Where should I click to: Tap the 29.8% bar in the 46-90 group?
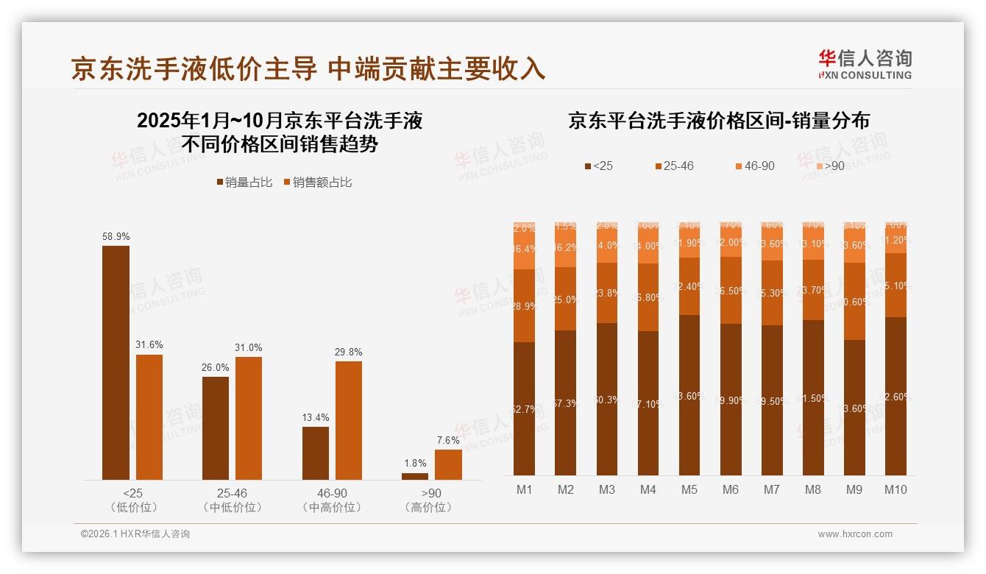tap(349, 420)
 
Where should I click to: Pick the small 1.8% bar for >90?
tap(415, 476)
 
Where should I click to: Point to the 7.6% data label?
tap(447, 440)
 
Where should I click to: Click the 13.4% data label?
tap(316, 417)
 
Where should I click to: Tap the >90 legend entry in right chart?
tap(829, 166)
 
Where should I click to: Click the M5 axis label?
tap(689, 490)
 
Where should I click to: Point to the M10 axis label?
tap(895, 490)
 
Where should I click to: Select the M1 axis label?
tap(524, 490)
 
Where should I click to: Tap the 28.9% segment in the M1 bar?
tap(524, 305)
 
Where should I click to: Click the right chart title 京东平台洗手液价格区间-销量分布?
tap(719, 121)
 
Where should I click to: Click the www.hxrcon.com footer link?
tap(854, 534)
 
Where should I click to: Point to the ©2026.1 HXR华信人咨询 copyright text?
tap(135, 534)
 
